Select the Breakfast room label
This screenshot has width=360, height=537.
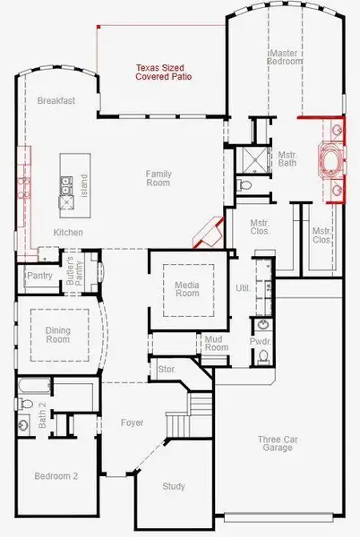(56, 101)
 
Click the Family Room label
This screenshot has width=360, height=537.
(159, 178)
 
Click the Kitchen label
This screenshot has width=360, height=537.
(68, 233)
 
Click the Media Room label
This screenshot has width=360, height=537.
(186, 292)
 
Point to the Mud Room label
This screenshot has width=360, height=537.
(213, 344)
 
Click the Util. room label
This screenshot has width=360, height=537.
(242, 288)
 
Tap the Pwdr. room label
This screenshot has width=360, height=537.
(261, 341)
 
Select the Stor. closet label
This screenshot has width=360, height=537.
(167, 368)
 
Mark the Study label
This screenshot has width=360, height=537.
(174, 486)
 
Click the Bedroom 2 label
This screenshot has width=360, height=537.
(56, 476)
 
